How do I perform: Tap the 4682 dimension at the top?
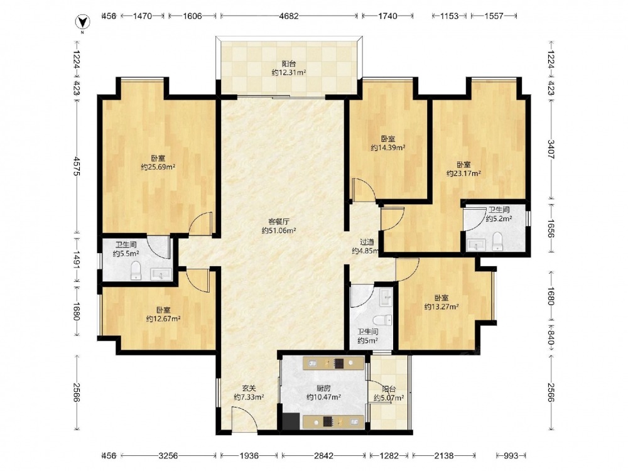point(288,16)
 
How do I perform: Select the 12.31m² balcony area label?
point(289,68)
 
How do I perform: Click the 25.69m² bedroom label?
point(158,163)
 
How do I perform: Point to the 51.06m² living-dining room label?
point(279,226)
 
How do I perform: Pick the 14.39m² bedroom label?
point(387,143)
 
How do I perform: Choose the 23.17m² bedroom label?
point(463,169)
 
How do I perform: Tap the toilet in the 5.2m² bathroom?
point(497,241)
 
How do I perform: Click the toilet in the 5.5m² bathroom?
point(136,270)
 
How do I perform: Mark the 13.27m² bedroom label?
point(441,303)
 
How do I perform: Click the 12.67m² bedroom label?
point(163,315)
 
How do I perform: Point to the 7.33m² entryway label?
point(249,392)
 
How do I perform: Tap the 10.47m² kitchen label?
point(323,392)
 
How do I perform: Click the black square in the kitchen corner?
point(291,421)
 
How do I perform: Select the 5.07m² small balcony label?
point(389,393)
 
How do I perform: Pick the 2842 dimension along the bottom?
point(323,455)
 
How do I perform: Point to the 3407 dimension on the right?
point(551,149)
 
